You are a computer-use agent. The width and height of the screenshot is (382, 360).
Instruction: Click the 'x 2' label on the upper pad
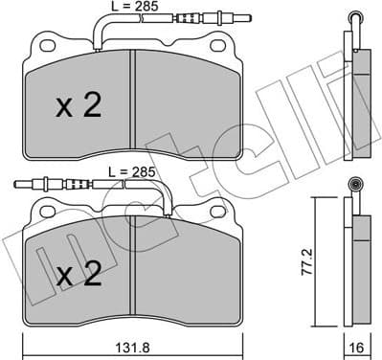coord(77,106)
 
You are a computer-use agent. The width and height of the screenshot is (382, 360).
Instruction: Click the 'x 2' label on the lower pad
coord(77,276)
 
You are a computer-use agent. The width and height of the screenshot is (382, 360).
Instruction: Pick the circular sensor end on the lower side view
coord(357,186)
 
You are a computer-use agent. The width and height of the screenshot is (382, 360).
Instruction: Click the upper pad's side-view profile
coord(358,91)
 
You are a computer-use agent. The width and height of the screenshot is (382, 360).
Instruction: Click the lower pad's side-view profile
coord(358,263)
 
